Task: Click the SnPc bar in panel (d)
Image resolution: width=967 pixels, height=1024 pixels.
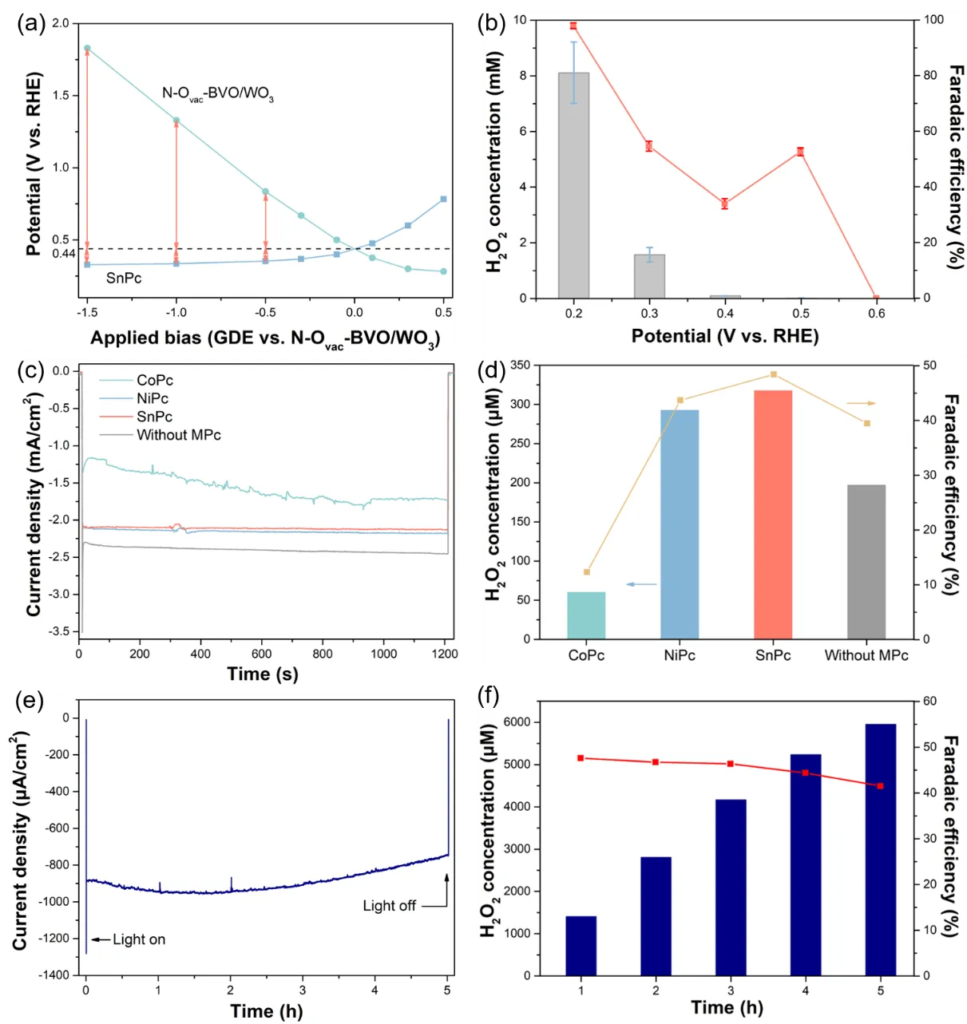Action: [x=773, y=514]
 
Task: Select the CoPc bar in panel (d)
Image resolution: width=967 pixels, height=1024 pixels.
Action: [x=586, y=615]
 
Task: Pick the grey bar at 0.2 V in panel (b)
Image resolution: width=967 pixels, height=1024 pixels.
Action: [x=573, y=185]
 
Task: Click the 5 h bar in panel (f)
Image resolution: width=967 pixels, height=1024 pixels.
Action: [x=881, y=849]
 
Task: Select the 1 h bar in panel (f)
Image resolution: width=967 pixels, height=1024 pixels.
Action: [x=581, y=946]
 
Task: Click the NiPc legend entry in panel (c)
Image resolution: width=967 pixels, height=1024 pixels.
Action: [x=153, y=398]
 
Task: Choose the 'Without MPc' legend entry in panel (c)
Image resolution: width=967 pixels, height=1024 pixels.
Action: [x=178, y=435]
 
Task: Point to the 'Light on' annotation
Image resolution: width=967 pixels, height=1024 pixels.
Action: [x=139, y=939]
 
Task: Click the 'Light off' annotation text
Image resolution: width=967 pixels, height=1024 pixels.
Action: [x=389, y=906]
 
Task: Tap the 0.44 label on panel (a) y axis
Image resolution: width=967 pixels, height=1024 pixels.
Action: [x=64, y=254]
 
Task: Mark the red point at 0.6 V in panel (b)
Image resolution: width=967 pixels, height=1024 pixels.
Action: [x=876, y=298]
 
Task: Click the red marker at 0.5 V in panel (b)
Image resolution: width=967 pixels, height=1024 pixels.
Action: [x=800, y=152]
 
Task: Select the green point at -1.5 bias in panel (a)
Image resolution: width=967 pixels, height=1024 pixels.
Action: [x=87, y=49]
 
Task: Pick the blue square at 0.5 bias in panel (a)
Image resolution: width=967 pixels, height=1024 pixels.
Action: [x=443, y=199]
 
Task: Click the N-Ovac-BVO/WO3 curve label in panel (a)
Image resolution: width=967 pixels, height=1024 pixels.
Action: [x=217, y=94]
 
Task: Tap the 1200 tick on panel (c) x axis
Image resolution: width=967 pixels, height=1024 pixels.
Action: [x=446, y=654]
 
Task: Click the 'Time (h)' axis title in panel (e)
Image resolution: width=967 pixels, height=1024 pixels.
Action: [x=267, y=1011]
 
